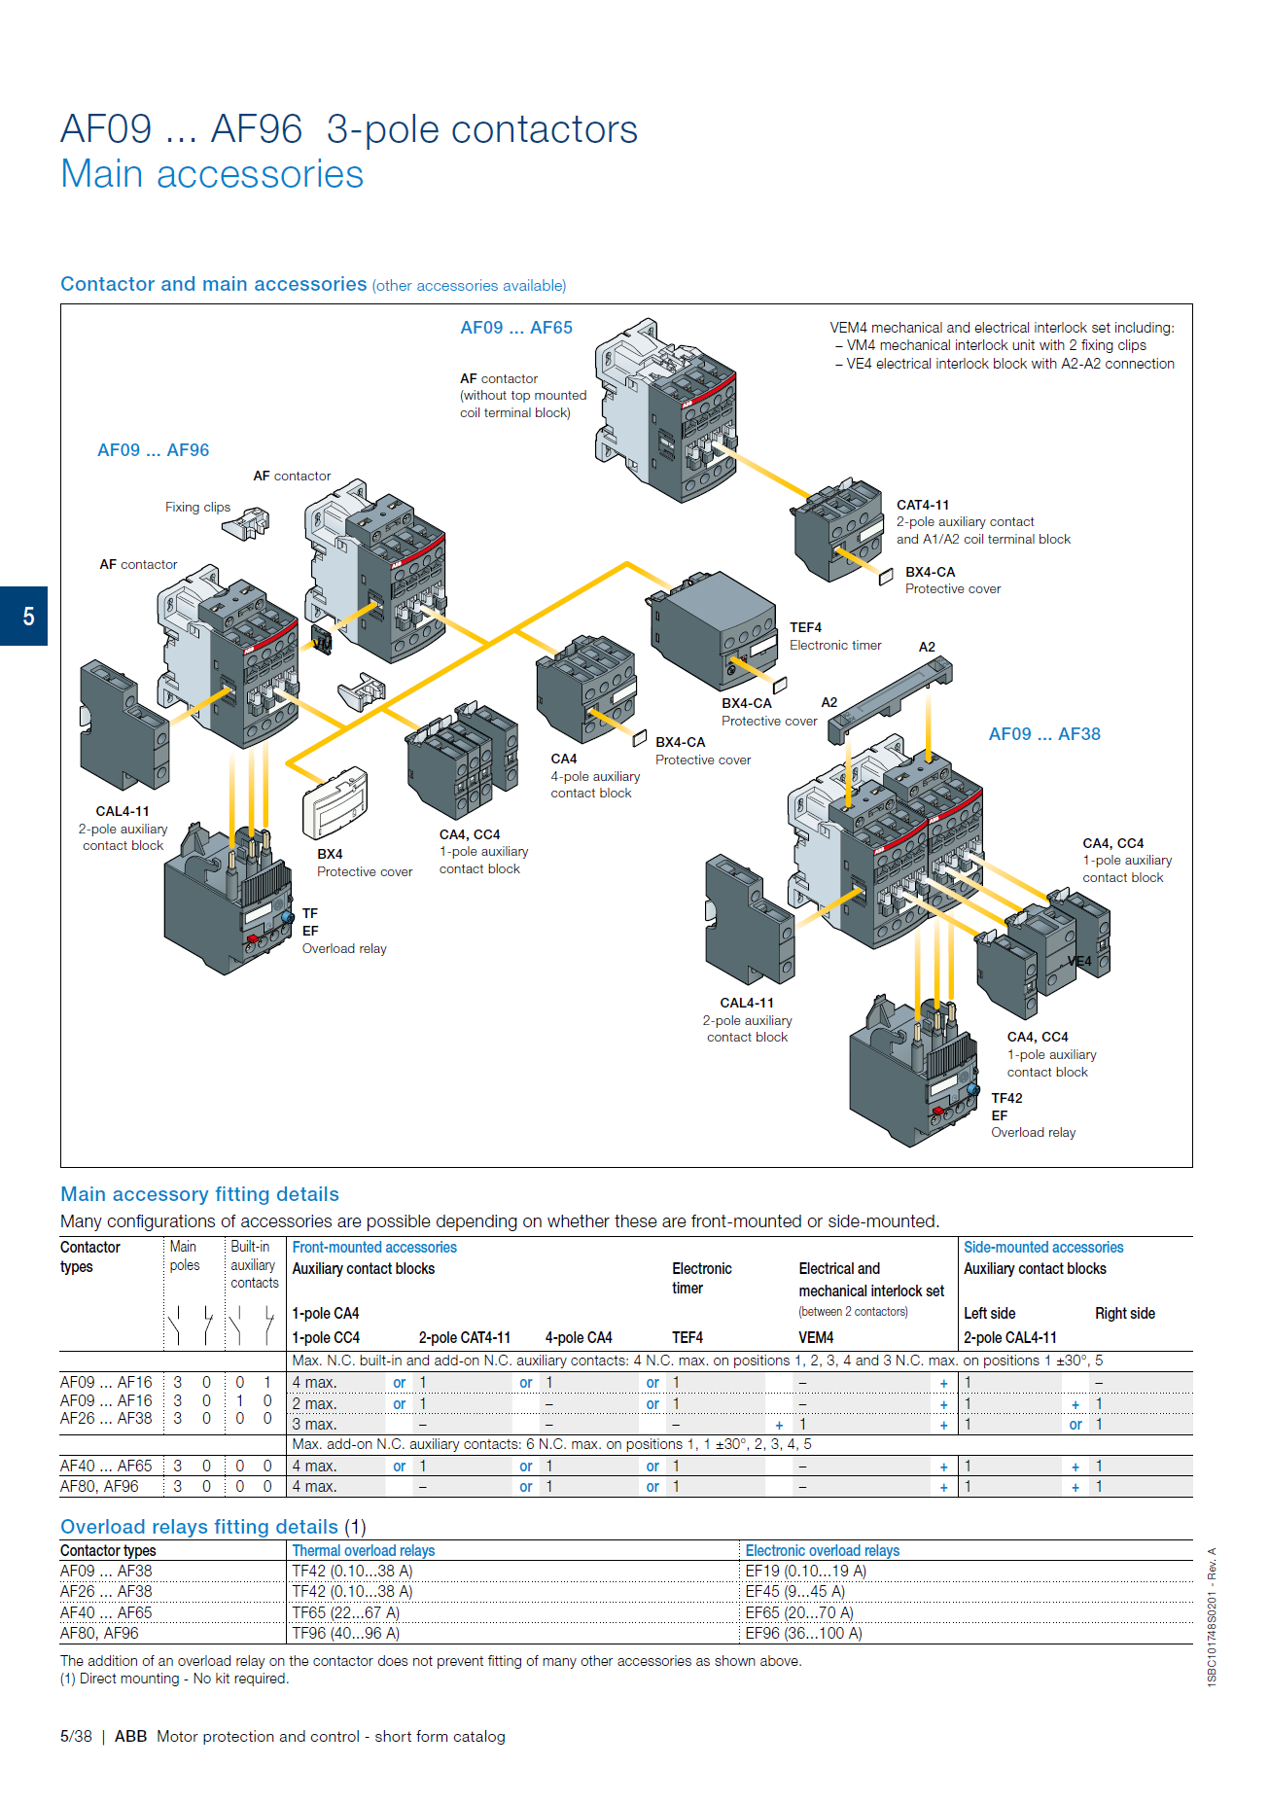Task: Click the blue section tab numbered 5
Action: coord(24,616)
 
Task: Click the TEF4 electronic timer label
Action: coord(805,628)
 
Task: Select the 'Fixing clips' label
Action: coord(197,507)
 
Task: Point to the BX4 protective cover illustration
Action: coord(335,803)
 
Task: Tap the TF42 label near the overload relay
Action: coord(1006,1098)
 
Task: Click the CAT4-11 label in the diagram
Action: coord(922,505)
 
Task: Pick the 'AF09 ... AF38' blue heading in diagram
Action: coord(1043,734)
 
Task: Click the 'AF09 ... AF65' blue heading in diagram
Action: coord(515,328)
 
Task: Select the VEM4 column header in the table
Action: coord(816,1337)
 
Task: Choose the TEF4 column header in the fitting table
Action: coord(687,1337)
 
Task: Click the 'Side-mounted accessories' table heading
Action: coord(1042,1247)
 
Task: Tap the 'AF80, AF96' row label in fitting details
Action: coord(99,1486)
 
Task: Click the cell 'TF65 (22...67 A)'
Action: coord(345,1612)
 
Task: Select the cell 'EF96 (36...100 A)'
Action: coord(803,1633)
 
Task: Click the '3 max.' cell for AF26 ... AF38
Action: coord(314,1424)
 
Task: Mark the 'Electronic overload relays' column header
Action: coord(822,1550)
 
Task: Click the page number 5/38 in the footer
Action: coord(76,1736)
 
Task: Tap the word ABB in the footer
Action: coord(130,1736)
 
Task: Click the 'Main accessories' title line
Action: coord(212,174)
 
